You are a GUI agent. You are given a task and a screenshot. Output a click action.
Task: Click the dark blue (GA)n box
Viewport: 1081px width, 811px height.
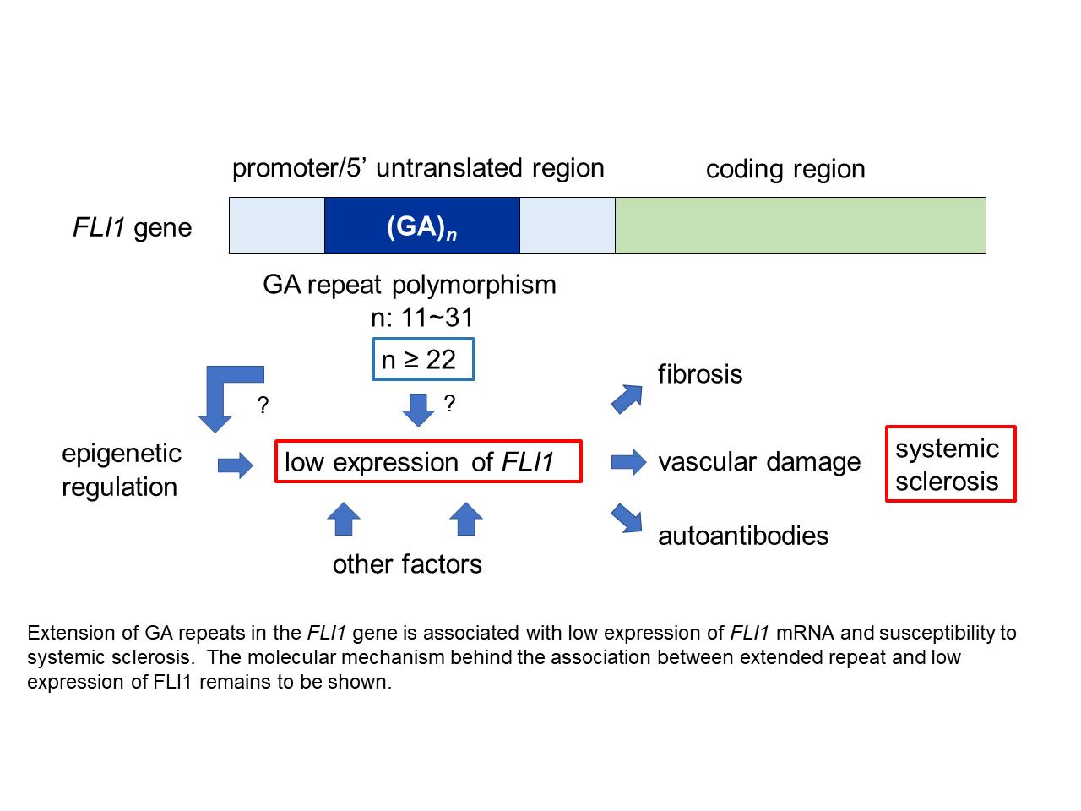(x=421, y=226)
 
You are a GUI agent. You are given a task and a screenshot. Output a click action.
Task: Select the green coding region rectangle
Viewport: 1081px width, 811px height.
(x=800, y=226)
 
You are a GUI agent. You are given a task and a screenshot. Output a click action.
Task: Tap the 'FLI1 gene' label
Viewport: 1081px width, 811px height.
(x=133, y=227)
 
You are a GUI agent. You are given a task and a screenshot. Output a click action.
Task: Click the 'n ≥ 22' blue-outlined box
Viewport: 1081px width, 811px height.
(x=423, y=360)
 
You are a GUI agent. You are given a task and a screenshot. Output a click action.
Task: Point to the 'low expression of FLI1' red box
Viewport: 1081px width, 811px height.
(x=428, y=461)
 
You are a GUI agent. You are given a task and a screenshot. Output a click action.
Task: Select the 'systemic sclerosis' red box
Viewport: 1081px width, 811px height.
(x=950, y=464)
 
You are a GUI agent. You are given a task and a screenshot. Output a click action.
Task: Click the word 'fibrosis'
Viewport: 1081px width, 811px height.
(x=700, y=374)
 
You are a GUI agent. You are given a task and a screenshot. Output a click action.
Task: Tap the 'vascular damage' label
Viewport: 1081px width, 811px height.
(x=759, y=462)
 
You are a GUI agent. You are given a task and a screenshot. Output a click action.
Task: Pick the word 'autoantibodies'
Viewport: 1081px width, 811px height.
(x=743, y=536)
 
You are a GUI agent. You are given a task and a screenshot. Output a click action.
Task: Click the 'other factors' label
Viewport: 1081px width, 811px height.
(x=407, y=564)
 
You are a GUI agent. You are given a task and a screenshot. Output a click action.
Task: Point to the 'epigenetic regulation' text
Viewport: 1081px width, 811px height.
(x=121, y=470)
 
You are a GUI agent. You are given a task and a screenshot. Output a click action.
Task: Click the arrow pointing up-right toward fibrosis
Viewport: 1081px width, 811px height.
(x=627, y=398)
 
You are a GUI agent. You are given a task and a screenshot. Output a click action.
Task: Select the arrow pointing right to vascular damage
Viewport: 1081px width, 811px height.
(x=627, y=462)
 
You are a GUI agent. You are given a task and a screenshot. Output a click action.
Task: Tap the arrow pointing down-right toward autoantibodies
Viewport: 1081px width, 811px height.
(x=627, y=518)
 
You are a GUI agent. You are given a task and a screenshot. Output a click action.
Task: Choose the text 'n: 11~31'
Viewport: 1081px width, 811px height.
(x=423, y=318)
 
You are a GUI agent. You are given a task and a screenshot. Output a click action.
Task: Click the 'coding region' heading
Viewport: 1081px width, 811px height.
(x=785, y=169)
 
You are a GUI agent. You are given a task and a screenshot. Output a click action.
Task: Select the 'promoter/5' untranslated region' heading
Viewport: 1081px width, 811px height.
(x=418, y=168)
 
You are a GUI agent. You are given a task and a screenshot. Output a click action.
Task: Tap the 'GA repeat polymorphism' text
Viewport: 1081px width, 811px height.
(x=410, y=285)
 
